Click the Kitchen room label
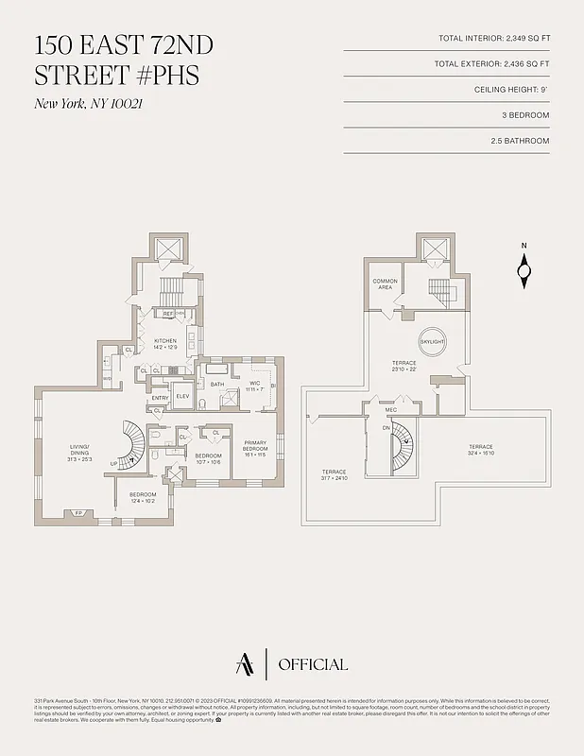tap(165, 343)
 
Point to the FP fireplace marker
tap(78, 514)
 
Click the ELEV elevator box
tap(182, 397)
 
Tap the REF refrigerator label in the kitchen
tap(168, 313)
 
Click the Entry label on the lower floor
tap(159, 398)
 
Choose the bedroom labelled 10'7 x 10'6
tap(207, 458)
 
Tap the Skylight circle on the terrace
tap(432, 341)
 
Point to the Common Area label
tap(385, 283)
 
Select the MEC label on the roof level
tap(390, 409)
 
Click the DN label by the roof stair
tap(386, 428)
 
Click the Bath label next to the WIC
tap(217, 385)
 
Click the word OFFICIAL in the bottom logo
tap(313, 664)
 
